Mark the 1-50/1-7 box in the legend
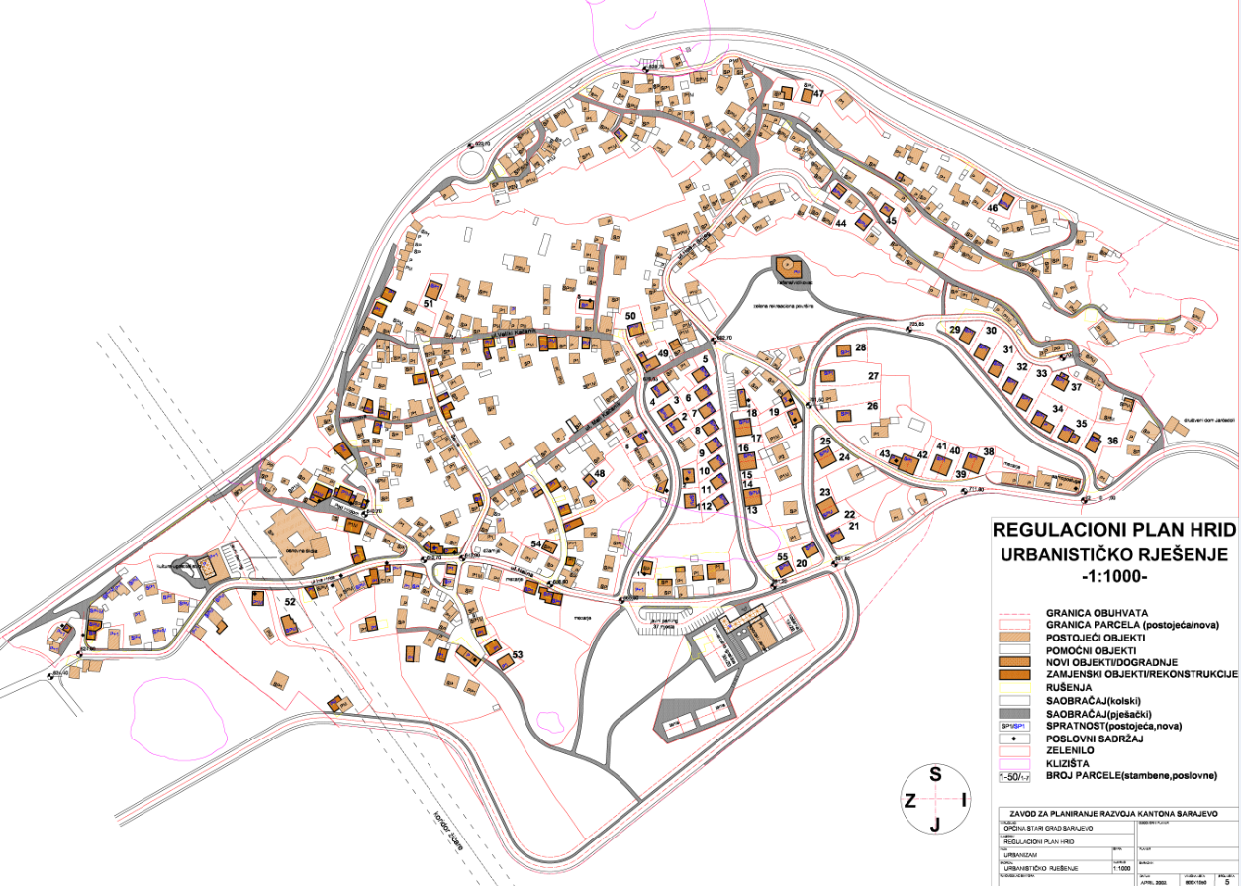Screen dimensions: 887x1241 point(1019,776)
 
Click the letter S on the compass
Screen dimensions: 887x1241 point(935,775)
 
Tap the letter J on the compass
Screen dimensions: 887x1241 point(935,823)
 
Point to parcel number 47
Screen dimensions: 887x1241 point(818,94)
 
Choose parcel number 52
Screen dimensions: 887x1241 point(290,601)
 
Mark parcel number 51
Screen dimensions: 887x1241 point(430,303)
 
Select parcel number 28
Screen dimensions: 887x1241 point(860,348)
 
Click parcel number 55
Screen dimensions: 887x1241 point(782,557)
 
